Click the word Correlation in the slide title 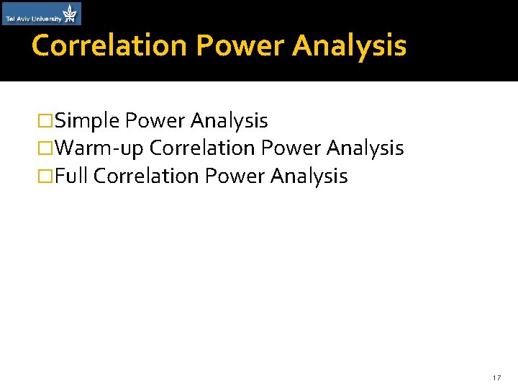[110, 45]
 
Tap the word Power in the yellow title [240, 45]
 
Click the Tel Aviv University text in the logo [33, 19]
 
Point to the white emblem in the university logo [70, 13]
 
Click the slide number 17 [496, 378]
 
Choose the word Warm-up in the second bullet [100, 149]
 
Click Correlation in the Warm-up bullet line [203, 148]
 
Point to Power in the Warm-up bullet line [290, 148]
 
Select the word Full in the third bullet [71, 176]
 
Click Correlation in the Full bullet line [146, 176]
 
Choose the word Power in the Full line [234, 176]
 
